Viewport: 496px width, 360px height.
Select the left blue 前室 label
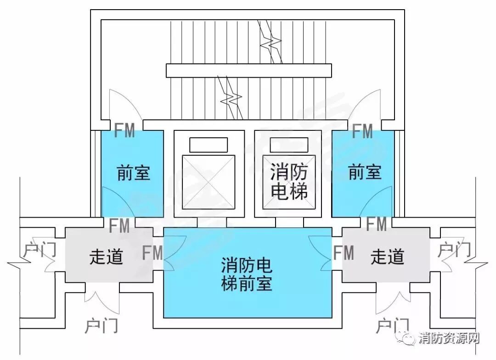pos(134,173)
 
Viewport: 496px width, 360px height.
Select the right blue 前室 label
pos(365,173)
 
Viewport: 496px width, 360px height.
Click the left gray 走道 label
pos(106,257)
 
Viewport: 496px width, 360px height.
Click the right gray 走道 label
pos(387,257)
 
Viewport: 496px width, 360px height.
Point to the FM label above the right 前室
pos(362,132)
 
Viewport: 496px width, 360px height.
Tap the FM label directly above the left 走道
pos(119,225)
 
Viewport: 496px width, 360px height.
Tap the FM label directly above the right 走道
pos(377,224)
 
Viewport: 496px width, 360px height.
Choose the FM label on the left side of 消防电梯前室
pos(152,253)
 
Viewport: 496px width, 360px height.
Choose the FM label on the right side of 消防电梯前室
pos(344,253)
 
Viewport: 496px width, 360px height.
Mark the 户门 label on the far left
pos(40,250)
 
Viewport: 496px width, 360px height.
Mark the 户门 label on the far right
pos(454,250)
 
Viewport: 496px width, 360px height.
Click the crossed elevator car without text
pos(209,182)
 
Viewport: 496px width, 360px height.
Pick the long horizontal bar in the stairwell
pos(248,70)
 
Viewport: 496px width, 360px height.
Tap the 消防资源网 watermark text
pos(449,339)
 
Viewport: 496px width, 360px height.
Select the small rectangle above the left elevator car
pos(209,145)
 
